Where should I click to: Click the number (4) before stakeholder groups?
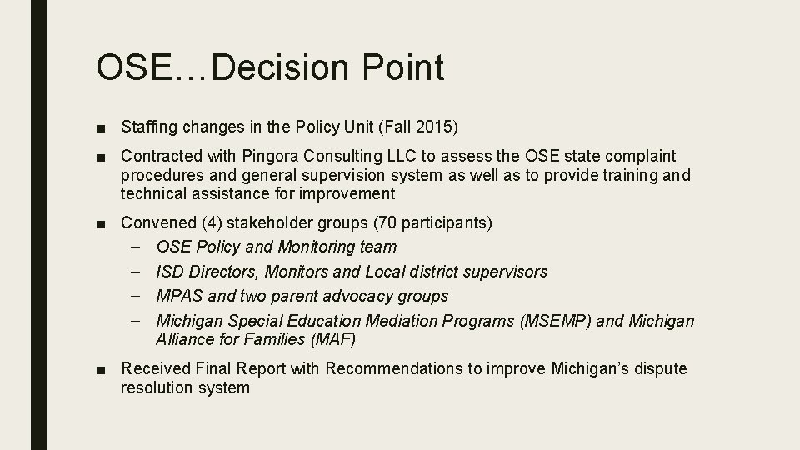tap(212, 222)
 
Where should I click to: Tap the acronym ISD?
tap(170, 272)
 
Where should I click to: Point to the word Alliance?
tap(184, 339)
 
